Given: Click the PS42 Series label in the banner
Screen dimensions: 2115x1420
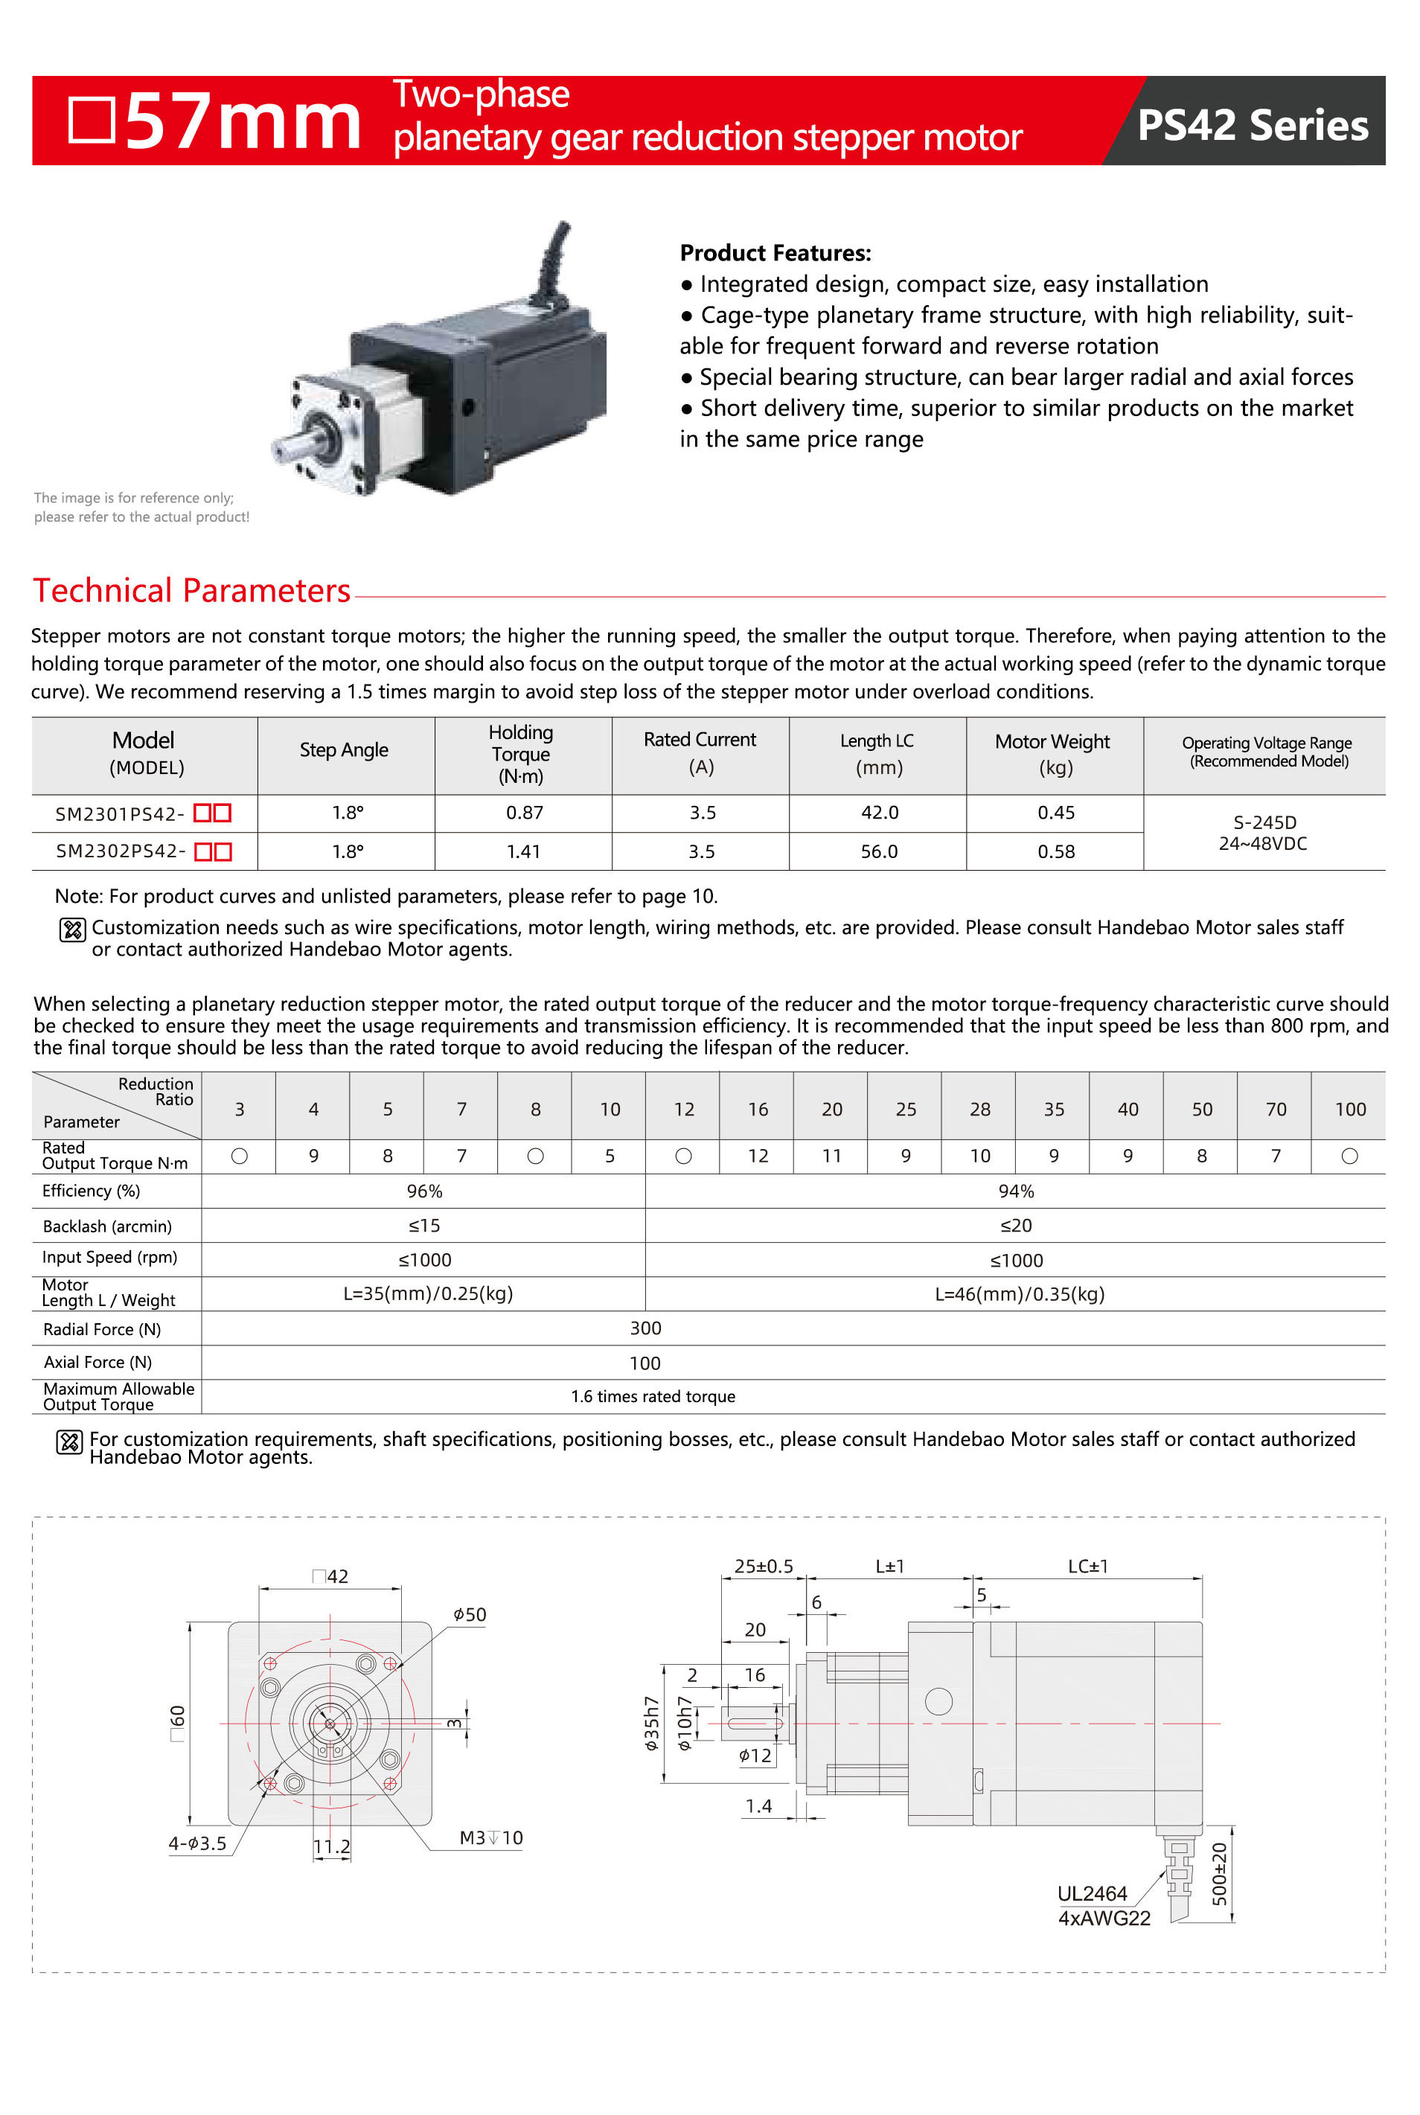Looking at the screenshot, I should point(1252,125).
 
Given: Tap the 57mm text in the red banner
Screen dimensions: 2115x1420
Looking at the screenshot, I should point(242,122).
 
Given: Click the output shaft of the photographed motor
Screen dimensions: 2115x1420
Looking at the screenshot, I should point(296,447).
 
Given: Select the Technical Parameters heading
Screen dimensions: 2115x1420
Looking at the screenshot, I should point(191,590).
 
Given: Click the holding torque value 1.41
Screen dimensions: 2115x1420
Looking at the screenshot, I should point(523,851).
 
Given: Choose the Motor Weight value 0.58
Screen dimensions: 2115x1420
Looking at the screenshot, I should point(1056,851).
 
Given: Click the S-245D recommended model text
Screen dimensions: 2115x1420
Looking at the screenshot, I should point(1264,822).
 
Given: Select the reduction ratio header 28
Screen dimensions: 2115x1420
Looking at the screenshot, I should point(980,1109).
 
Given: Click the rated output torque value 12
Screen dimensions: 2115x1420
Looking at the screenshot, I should point(758,1156).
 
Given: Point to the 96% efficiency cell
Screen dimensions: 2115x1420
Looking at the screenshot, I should point(423,1191).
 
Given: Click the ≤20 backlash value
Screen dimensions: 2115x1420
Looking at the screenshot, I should point(1015,1225).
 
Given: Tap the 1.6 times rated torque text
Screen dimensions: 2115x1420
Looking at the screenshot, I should point(653,1396).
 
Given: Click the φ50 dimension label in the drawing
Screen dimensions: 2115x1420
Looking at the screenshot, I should point(470,1614).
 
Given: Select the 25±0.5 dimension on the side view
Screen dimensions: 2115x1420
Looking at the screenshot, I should point(764,1567).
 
